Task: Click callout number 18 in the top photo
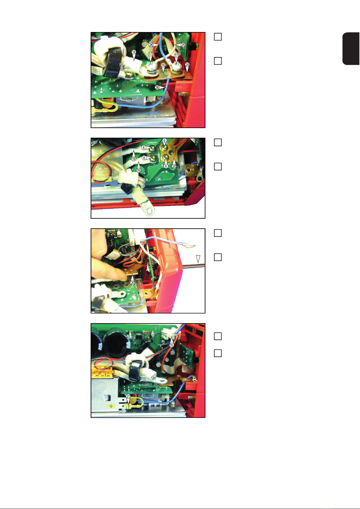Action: [134, 52]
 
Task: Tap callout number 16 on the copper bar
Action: [163, 65]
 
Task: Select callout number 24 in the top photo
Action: [187, 65]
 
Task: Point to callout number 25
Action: [183, 45]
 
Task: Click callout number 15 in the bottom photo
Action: [172, 345]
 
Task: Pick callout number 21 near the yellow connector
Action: [128, 397]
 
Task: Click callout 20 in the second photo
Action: [174, 166]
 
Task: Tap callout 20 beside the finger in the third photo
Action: [132, 283]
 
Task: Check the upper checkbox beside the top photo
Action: [218, 37]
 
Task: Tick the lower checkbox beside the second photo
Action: [218, 166]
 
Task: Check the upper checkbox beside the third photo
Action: [218, 233]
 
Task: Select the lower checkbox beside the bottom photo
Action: [218, 353]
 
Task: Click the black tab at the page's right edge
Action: [351, 49]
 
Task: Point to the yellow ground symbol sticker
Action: [111, 406]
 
